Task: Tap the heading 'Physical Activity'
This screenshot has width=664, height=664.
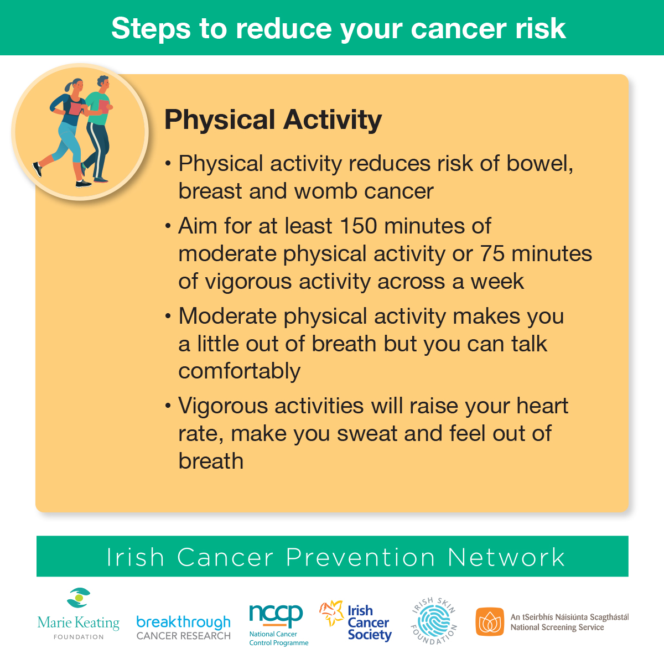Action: (273, 120)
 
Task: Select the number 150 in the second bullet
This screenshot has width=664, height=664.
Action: (359, 226)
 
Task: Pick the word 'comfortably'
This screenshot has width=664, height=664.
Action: (240, 372)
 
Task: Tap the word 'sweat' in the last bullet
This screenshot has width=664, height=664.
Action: (367, 434)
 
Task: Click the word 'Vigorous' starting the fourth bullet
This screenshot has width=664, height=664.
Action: (223, 406)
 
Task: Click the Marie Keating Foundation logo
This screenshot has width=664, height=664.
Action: (79, 614)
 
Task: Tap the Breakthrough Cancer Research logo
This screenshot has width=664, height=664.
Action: (183, 628)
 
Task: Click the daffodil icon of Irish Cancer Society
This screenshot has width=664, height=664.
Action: (331, 613)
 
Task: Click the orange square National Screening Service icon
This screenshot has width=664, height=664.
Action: (490, 621)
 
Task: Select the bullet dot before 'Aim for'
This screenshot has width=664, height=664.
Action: (168, 226)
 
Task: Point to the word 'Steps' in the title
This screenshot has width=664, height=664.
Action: (151, 29)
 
